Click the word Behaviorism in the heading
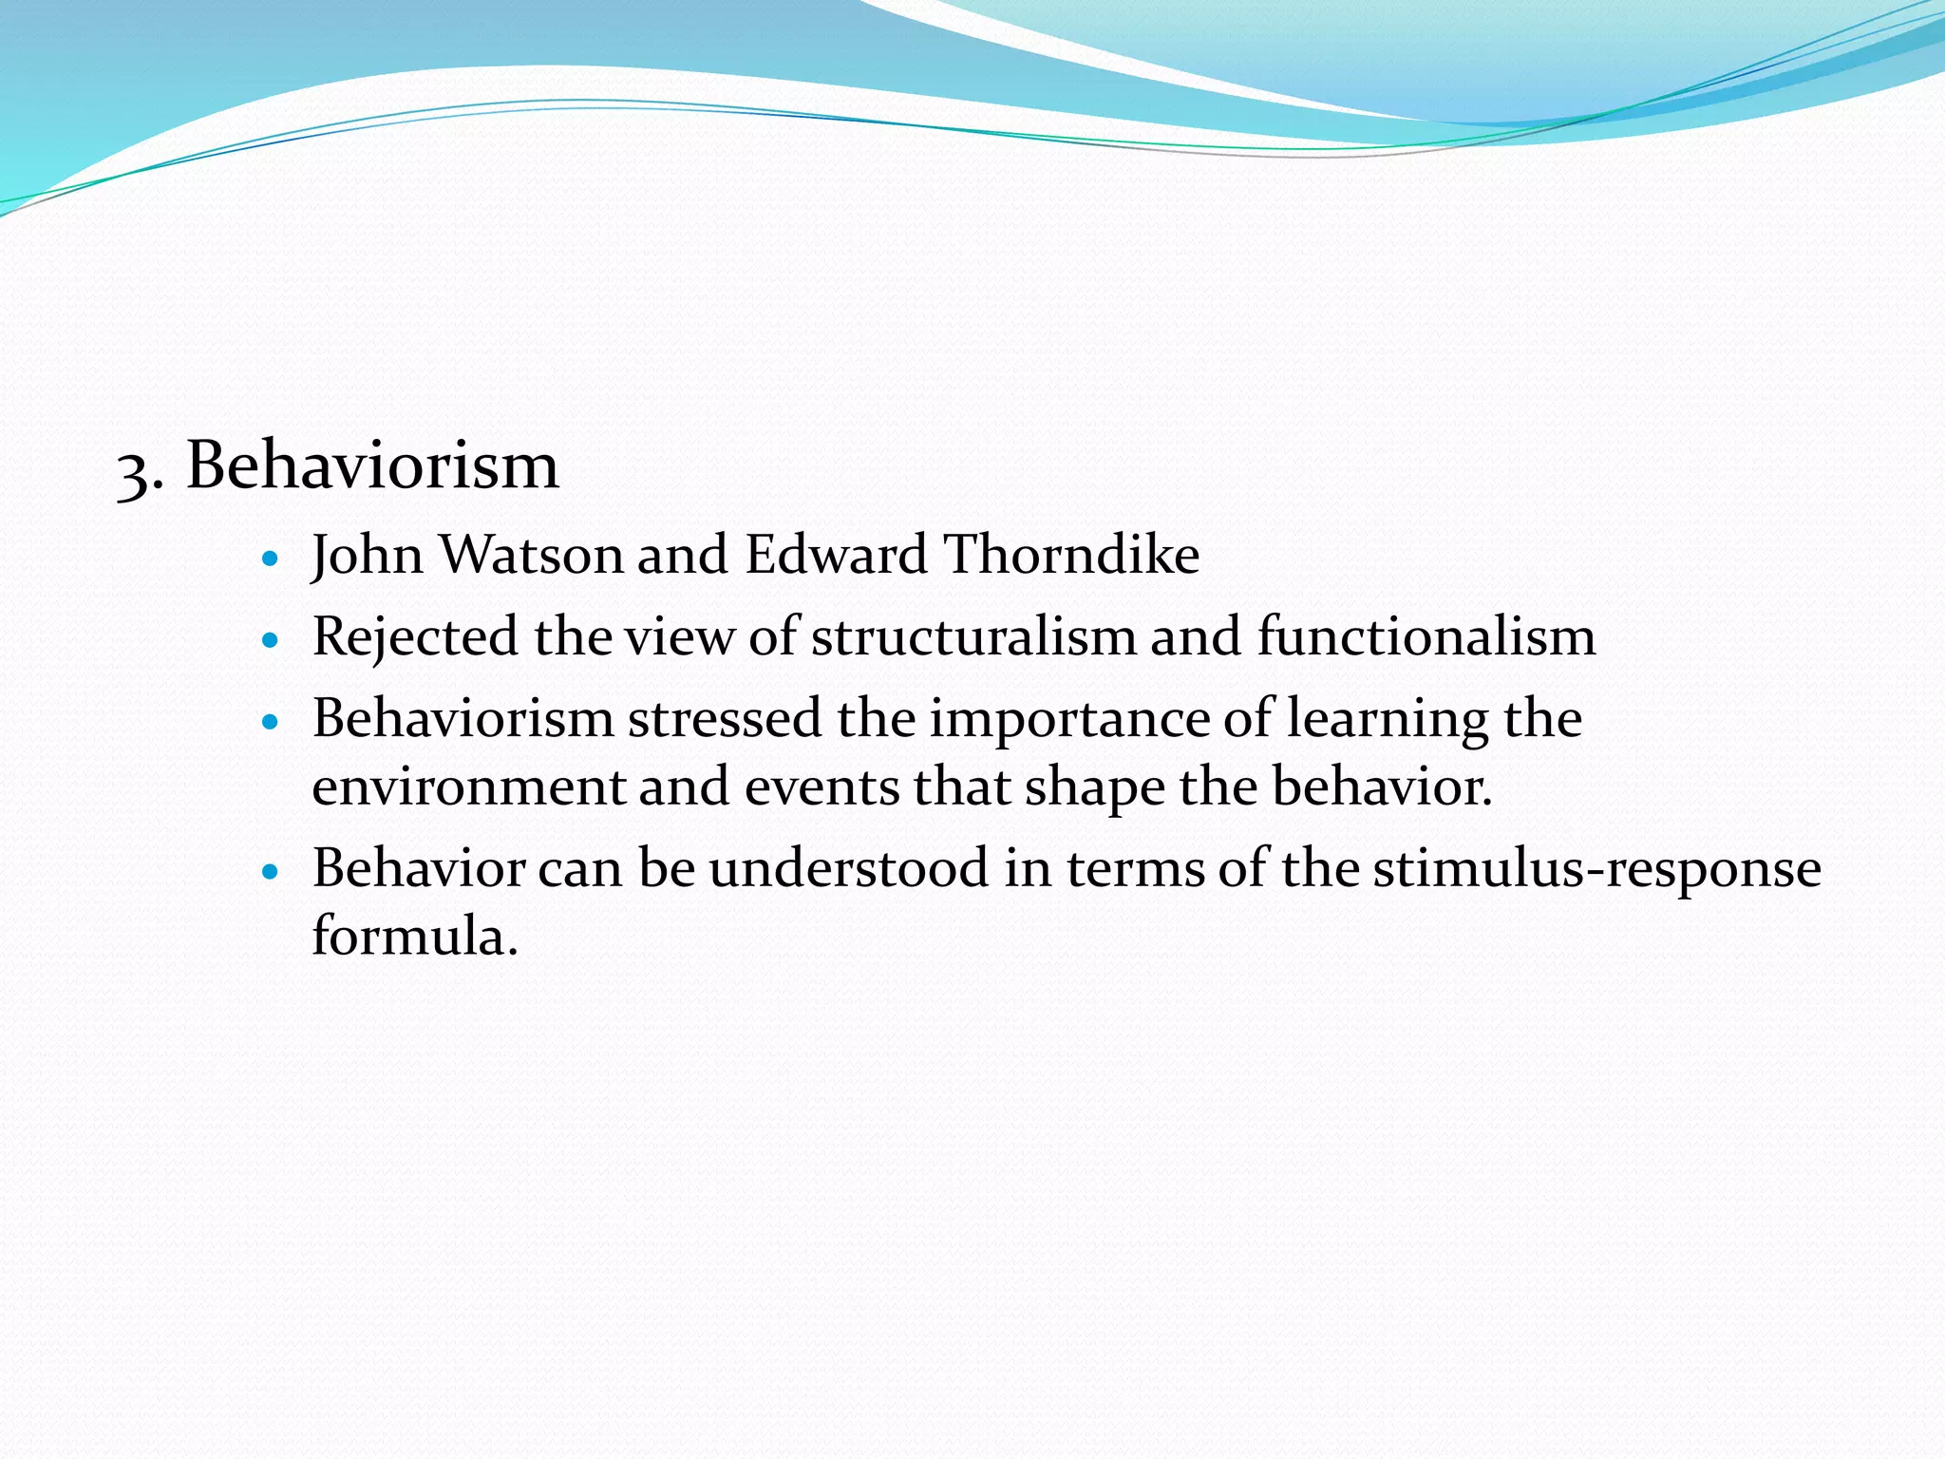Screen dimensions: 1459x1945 372,465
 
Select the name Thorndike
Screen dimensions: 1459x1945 1071,555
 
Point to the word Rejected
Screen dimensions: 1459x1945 415,638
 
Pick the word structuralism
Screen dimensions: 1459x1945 973,636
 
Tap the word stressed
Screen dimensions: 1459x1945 725,719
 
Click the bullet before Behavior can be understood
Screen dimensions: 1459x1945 272,871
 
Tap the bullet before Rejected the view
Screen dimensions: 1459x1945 272,640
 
